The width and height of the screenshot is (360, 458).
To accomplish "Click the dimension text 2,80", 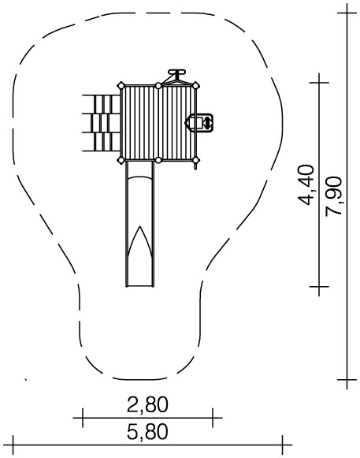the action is coord(147,404).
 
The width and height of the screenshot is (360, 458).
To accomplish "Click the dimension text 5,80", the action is coord(147,432).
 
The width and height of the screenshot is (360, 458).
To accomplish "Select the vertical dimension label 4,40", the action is coord(306,185).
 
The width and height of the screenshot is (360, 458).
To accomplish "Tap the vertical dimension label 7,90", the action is coord(333,196).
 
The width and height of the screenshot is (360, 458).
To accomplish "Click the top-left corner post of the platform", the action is coord(121,86).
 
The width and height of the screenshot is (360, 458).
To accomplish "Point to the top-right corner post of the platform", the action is coord(195,86).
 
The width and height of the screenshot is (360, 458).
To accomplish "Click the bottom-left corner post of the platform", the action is coord(121,160).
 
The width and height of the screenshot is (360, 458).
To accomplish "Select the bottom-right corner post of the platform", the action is coord(195,160).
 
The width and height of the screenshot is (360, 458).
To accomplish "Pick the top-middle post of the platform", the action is coord(158,86).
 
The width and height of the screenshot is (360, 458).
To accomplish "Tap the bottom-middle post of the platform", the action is coord(158,160).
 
